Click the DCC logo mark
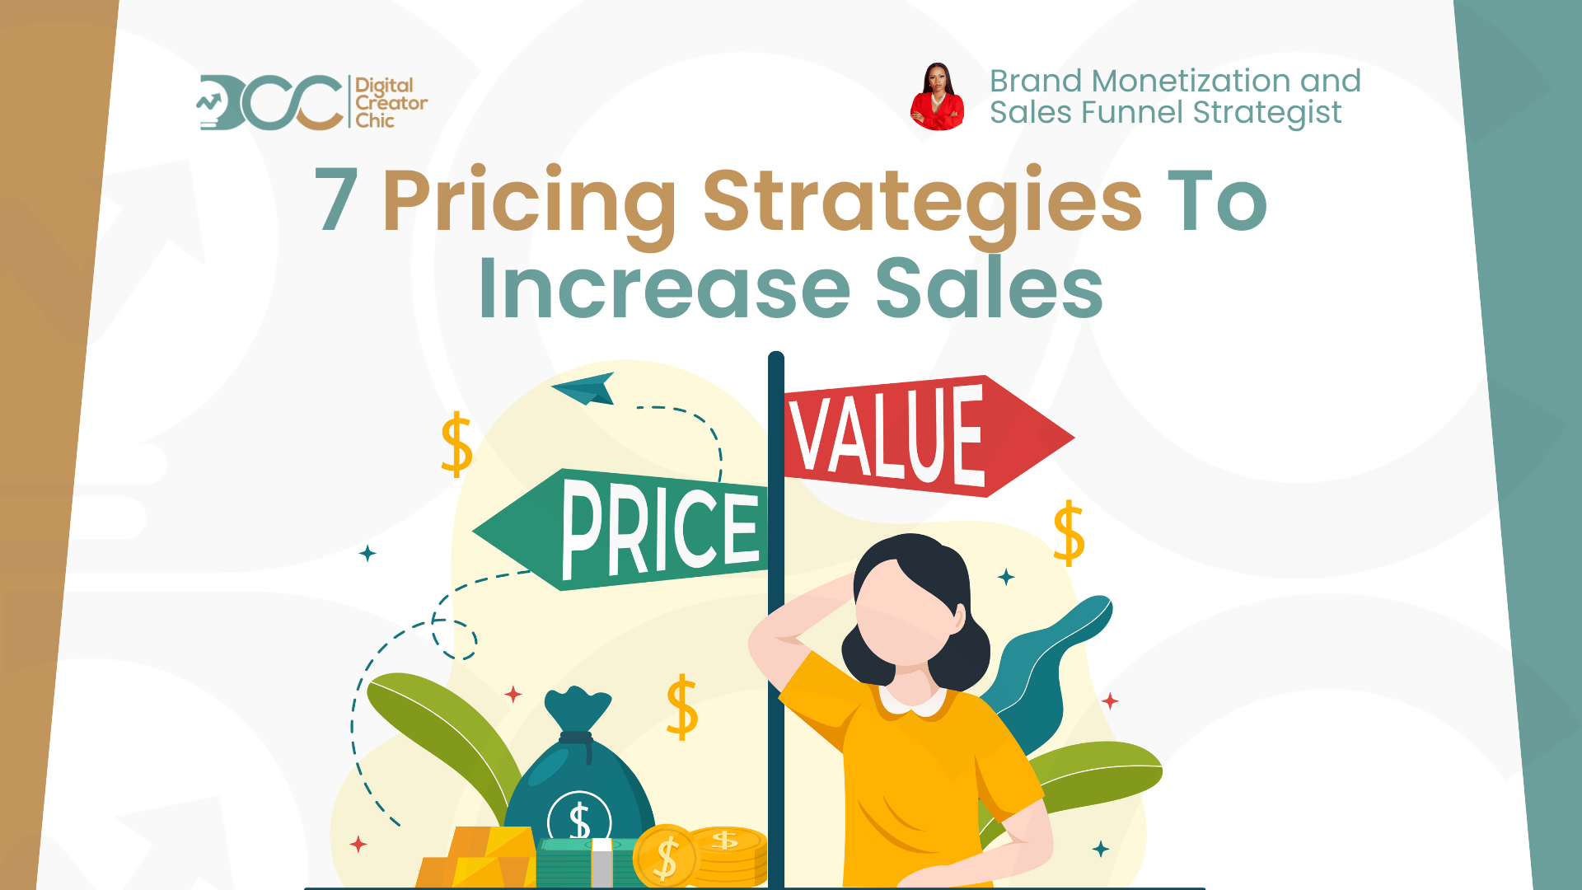(x=270, y=103)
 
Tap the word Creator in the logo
(x=391, y=104)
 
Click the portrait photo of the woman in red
(x=937, y=97)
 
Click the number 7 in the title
(x=336, y=200)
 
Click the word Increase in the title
(x=664, y=288)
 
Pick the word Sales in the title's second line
(x=989, y=288)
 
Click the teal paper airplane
(x=586, y=389)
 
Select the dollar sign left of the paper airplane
(x=456, y=445)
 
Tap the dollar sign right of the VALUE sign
(x=1069, y=533)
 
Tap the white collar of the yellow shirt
(x=913, y=702)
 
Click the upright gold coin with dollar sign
(x=666, y=857)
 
